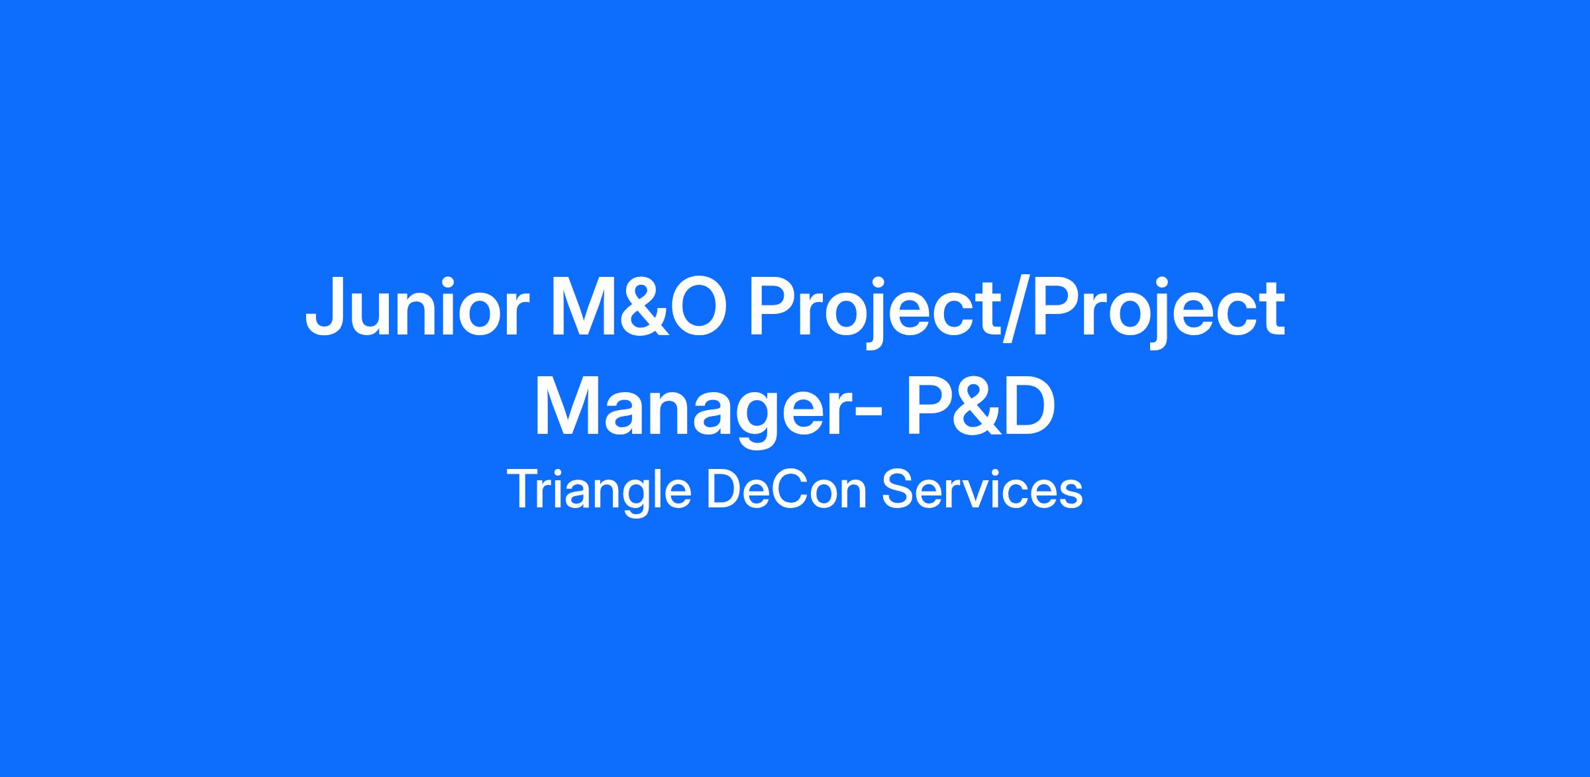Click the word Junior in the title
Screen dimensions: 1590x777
tap(417, 308)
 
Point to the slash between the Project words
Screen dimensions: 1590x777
tap(1014, 312)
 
